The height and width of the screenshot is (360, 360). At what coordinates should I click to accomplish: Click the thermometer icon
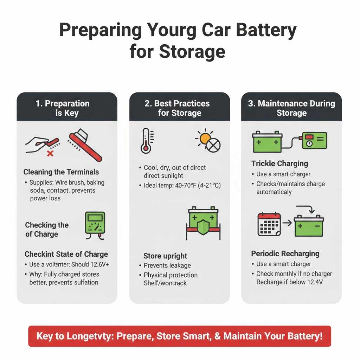pyautogui.click(x=146, y=141)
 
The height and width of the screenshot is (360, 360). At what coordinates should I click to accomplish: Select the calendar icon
pyautogui.click(x=269, y=224)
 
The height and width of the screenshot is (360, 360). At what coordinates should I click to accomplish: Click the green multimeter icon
pyautogui.click(x=95, y=224)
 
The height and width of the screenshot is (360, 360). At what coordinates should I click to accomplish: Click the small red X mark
pyautogui.click(x=50, y=154)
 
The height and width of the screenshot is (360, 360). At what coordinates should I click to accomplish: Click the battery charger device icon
pyautogui.click(x=315, y=140)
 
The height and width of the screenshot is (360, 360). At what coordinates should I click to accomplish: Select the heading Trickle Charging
pyautogui.click(x=279, y=163)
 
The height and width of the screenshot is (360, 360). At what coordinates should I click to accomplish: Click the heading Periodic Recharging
pyautogui.click(x=285, y=254)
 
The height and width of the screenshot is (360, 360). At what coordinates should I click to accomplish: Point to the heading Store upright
pyautogui.click(x=165, y=256)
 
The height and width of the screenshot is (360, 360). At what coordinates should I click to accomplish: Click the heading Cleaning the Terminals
pyautogui.click(x=61, y=172)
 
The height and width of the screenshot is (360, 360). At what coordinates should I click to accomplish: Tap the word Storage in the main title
pyautogui.click(x=192, y=51)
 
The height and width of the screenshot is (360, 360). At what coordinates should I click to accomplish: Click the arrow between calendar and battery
pyautogui.click(x=287, y=224)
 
